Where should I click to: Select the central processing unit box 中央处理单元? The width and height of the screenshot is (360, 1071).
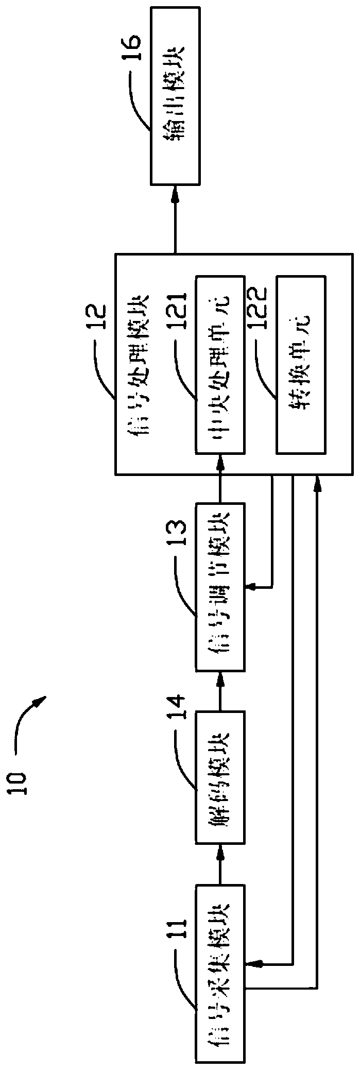[219, 364]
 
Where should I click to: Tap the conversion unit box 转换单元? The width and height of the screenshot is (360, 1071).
[301, 364]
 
